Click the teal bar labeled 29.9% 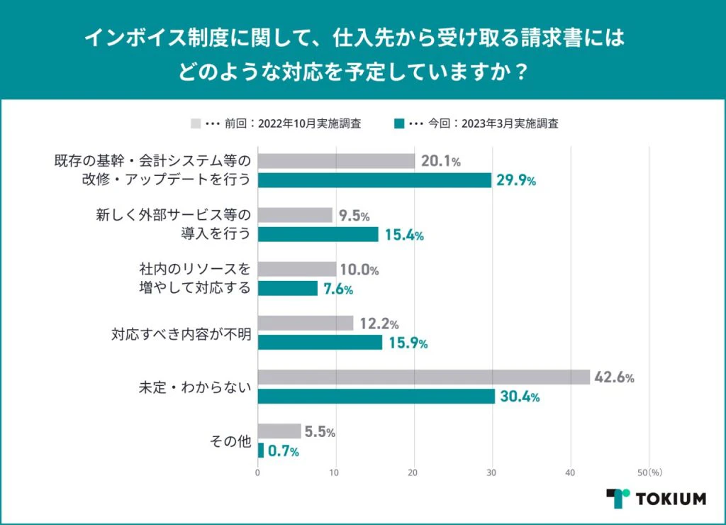pyautogui.click(x=374, y=180)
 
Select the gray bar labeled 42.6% pyautogui.click(x=423, y=377)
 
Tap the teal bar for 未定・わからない pyautogui.click(x=376, y=397)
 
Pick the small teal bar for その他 pyautogui.click(x=260, y=451)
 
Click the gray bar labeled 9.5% pyautogui.click(x=295, y=215)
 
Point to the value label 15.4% pyautogui.click(x=404, y=236)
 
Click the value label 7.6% pyautogui.click(x=338, y=289)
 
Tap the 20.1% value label pyautogui.click(x=440, y=162)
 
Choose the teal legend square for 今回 pyautogui.click(x=400, y=123)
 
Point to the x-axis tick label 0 pyautogui.click(x=257, y=471)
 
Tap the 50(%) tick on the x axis pyautogui.click(x=649, y=471)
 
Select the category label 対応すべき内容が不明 pyautogui.click(x=182, y=333)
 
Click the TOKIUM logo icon pyautogui.click(x=618, y=498)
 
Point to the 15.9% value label pyautogui.click(x=408, y=343)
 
